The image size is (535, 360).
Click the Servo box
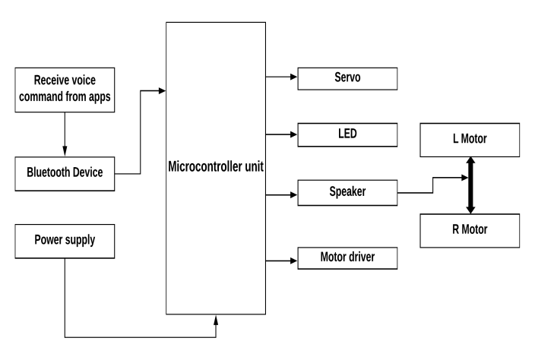[x=347, y=77]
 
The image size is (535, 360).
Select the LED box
[x=347, y=134]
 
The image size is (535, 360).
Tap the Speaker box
[x=347, y=192]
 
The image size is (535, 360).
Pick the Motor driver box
[x=347, y=258]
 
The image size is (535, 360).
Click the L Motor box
[x=470, y=139]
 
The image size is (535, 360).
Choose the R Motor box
[x=470, y=229]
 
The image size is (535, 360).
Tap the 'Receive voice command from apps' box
[x=65, y=89]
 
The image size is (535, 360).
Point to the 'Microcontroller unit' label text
[x=216, y=167]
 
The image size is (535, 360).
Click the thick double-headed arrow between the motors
[x=470, y=184]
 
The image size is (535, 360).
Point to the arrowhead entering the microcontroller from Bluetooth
[x=161, y=90]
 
